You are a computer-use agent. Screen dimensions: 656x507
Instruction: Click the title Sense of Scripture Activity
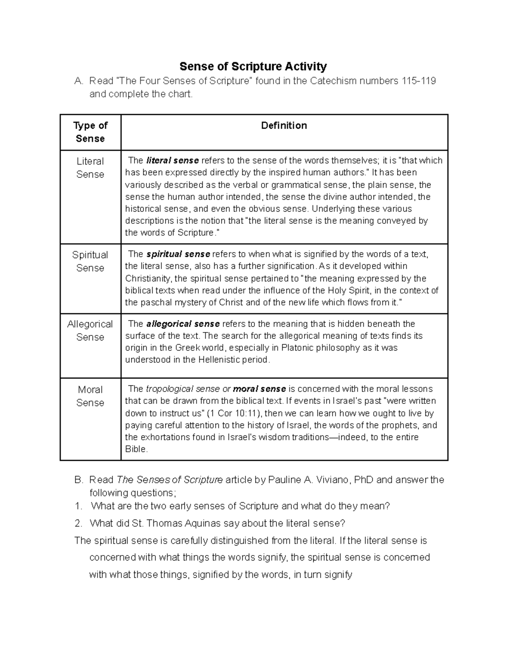(253, 66)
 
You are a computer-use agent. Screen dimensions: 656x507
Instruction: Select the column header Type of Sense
(90, 132)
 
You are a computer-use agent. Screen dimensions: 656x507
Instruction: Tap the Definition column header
(284, 125)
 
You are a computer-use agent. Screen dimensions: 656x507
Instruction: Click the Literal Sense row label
(90, 168)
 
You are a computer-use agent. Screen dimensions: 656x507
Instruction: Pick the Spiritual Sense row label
(90, 261)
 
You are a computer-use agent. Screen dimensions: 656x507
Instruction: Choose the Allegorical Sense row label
(90, 330)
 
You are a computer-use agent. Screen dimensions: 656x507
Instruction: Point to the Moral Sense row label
(90, 396)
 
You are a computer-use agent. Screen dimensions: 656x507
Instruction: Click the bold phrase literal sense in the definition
(172, 161)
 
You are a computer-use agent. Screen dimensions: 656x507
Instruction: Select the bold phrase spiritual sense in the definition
(178, 254)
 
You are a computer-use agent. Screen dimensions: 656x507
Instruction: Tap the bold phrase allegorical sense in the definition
(183, 324)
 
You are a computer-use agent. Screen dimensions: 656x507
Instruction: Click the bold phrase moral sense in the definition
(259, 389)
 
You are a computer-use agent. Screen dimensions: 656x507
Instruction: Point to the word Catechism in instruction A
(333, 81)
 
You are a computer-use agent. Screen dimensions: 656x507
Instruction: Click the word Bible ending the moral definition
(136, 449)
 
